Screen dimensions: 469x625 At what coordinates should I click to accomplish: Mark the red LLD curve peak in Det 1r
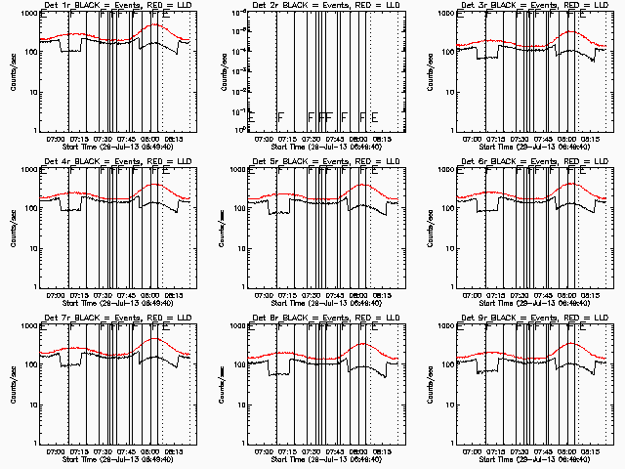[x=156, y=25]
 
